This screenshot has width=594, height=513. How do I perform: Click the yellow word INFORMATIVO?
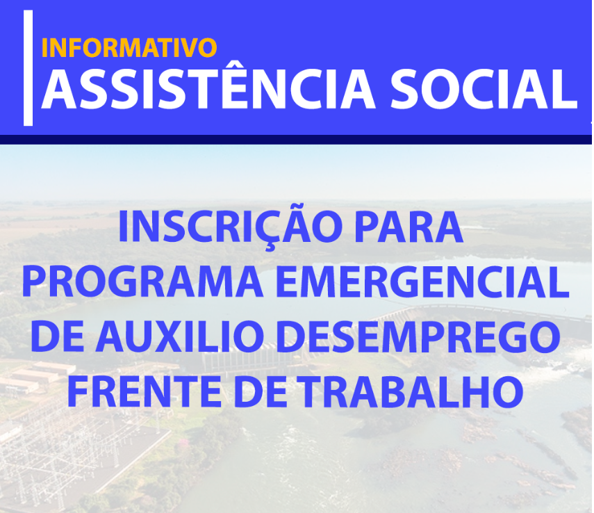[129, 47]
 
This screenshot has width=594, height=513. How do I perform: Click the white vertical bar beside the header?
[28, 68]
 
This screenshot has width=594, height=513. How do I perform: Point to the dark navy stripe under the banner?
[296, 140]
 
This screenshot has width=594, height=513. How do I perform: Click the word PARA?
[409, 227]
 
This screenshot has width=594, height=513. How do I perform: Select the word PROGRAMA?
[142, 282]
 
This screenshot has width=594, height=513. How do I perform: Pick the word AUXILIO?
[180, 336]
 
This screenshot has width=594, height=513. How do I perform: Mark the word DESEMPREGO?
[418, 336]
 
